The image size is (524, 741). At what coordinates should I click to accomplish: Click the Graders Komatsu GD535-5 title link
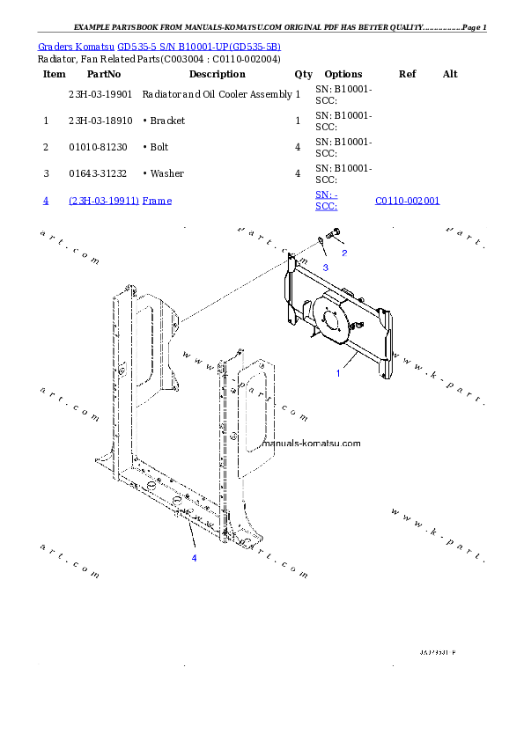tap(159, 47)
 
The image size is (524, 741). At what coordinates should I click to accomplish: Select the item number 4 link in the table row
tap(45, 201)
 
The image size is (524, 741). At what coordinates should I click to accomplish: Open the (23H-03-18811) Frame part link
tap(121, 201)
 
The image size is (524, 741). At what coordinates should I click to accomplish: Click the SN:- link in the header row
tap(327, 194)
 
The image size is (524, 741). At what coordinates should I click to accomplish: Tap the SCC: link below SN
tap(326, 207)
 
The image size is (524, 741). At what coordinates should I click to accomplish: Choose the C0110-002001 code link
tap(407, 201)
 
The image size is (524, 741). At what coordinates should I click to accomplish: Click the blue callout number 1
tap(337, 373)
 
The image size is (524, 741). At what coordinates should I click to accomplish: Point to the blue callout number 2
tap(344, 253)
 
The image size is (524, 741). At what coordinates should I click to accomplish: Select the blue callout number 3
tap(325, 267)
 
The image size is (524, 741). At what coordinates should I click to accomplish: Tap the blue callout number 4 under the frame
tap(195, 558)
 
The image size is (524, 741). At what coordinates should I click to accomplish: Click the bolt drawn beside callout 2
tap(334, 234)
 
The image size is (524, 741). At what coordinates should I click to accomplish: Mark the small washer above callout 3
tap(321, 241)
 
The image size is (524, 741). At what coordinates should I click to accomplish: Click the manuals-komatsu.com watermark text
tap(312, 444)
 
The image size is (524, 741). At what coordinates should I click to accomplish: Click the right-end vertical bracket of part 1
tap(384, 343)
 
